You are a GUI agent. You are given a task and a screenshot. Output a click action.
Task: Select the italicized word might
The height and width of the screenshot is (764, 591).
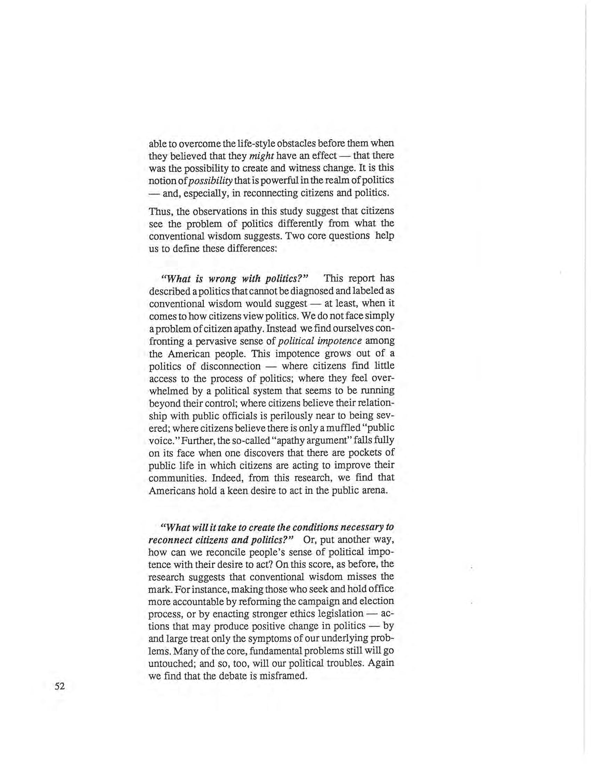pyautogui.click(x=261, y=156)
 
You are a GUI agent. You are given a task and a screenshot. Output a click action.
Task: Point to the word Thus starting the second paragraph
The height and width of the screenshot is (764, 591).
pyautogui.click(x=161, y=211)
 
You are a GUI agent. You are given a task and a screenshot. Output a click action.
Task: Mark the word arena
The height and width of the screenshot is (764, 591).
pyautogui.click(x=375, y=490)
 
